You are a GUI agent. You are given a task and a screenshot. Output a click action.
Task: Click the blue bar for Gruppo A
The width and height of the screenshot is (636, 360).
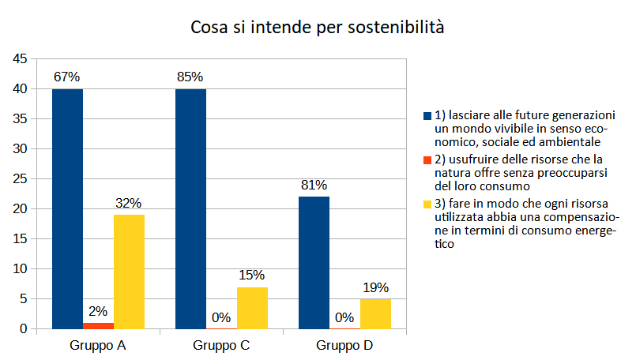(x=67, y=208)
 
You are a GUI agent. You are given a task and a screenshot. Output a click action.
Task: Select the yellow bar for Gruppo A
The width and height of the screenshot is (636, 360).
(x=129, y=272)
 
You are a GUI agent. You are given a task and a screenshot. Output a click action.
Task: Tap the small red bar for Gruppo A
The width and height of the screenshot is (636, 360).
(x=98, y=325)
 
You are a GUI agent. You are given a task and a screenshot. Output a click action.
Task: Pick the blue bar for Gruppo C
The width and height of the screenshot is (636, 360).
(x=190, y=208)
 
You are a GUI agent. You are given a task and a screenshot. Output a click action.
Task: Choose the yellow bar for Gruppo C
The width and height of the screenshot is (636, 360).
(x=252, y=308)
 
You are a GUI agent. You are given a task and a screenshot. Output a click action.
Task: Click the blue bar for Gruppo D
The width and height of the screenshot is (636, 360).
(x=314, y=262)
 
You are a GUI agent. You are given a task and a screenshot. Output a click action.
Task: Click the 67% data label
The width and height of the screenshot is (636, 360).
(x=67, y=77)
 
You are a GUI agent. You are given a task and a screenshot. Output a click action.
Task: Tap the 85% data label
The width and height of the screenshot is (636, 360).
(x=190, y=77)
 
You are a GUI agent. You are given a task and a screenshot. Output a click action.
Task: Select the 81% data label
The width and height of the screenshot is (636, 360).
(x=314, y=186)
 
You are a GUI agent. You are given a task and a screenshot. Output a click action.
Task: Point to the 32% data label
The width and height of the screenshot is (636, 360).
(x=129, y=203)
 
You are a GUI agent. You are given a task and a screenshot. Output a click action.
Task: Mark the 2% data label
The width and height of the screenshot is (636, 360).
(x=98, y=311)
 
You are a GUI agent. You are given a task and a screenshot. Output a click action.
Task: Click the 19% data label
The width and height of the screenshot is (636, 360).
(x=375, y=287)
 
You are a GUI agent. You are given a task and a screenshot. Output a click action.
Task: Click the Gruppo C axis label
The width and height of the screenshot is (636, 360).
(x=221, y=346)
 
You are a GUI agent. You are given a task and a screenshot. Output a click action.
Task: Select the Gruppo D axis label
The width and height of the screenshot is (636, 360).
(x=344, y=346)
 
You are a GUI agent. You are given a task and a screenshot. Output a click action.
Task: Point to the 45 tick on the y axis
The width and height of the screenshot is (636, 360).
(x=21, y=59)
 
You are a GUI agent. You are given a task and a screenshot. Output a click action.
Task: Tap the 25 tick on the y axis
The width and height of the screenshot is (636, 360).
(x=21, y=179)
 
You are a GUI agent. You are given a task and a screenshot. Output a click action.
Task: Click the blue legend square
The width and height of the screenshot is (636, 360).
(x=428, y=116)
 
